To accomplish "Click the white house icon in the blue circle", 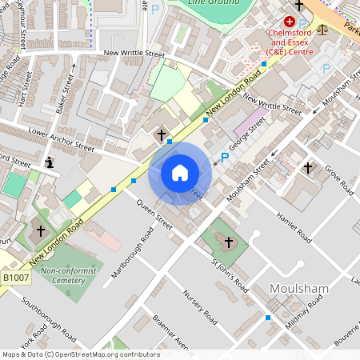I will (180, 173).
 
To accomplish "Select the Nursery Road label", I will (200, 307).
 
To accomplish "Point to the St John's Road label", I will (230, 276).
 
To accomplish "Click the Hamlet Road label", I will (294, 228).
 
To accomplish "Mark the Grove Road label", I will (340, 181).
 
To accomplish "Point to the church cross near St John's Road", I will (229, 242).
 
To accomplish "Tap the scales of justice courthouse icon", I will (322, 28).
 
